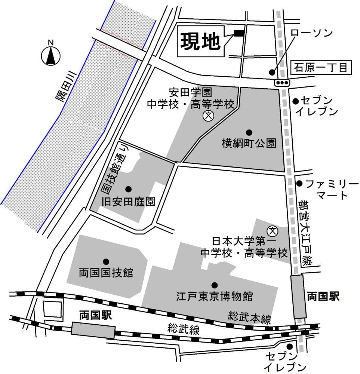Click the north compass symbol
[x=51, y=56]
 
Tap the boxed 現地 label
[x=200, y=42]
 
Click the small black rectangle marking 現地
[x=239, y=33]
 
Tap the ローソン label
[x=312, y=33]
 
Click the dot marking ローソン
[x=272, y=73]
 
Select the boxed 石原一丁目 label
[x=321, y=68]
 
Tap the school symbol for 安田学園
[x=208, y=116]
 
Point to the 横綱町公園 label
[x=249, y=144]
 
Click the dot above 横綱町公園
[x=249, y=132]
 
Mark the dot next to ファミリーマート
[x=299, y=183]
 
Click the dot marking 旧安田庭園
[x=128, y=189]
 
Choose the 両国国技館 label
[x=106, y=273]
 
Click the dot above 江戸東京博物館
[x=214, y=285]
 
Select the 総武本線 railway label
[x=250, y=317]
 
